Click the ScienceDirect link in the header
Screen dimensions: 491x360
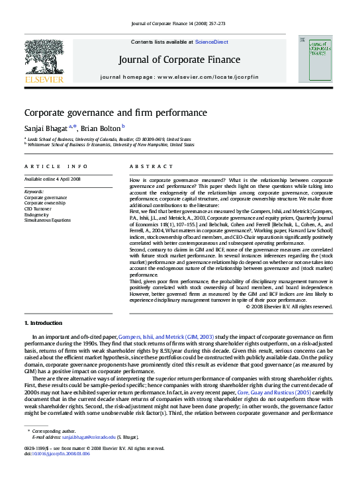click(x=211, y=42)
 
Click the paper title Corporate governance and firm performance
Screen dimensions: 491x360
click(x=116, y=112)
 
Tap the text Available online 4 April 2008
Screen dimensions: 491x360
click(x=52, y=179)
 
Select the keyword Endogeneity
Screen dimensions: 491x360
click(x=36, y=214)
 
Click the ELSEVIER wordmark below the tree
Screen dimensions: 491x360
click(x=44, y=79)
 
